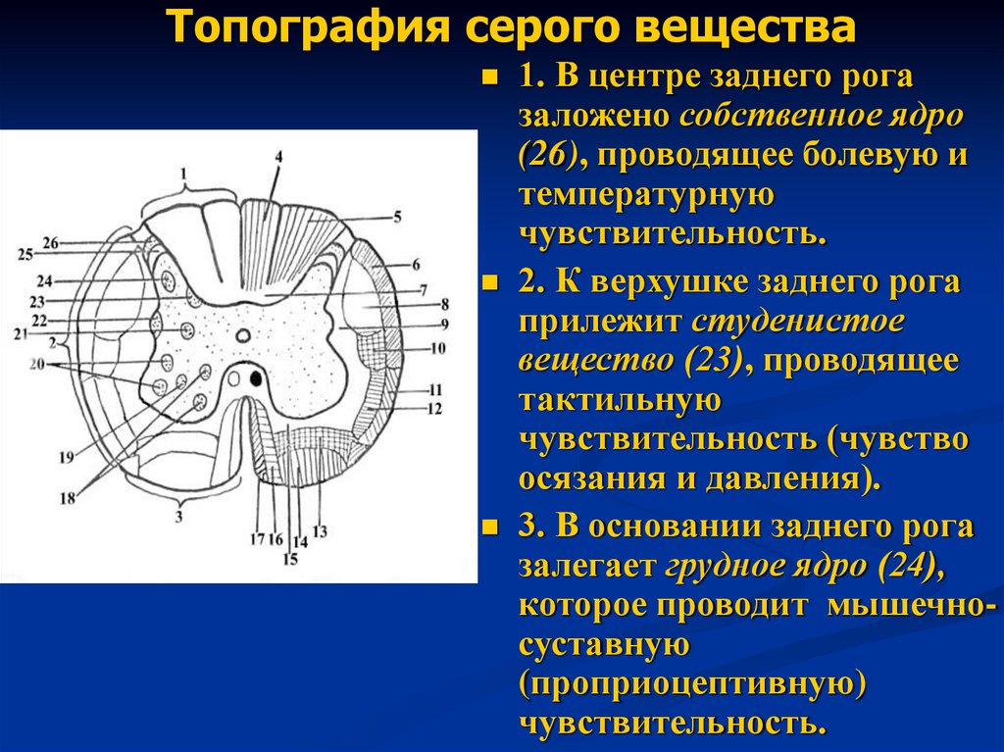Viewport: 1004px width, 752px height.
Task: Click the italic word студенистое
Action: pos(798,322)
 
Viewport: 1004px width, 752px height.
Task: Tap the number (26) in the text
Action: pos(549,156)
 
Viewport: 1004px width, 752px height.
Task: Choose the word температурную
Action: pos(647,195)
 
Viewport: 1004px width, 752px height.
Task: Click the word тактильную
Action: pos(620,400)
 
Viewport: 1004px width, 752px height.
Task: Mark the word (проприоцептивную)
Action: pos(691,684)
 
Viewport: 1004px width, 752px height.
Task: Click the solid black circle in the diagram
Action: pos(257,377)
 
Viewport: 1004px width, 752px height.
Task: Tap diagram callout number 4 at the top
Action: pos(278,157)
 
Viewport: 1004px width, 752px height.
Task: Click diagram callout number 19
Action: pos(67,456)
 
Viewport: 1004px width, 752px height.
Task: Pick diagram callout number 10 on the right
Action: pos(437,347)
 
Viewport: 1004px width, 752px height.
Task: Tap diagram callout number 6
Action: pos(416,265)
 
